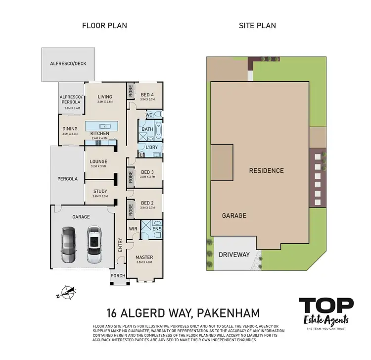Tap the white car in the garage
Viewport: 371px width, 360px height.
click(93, 245)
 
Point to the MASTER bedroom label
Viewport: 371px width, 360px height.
click(144, 257)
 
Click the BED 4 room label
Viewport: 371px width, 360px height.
click(147, 95)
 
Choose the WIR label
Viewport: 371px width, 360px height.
click(133, 229)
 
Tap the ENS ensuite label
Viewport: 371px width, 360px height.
click(156, 229)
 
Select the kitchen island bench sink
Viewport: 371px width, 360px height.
click(104, 126)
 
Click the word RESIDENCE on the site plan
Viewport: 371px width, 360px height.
click(266, 170)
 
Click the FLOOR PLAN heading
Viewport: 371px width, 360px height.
click(104, 25)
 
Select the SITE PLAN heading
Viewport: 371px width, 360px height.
click(258, 25)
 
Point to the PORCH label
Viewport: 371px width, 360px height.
click(118, 276)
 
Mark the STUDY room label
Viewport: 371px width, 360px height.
click(100, 191)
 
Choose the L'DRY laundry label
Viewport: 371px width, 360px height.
click(151, 147)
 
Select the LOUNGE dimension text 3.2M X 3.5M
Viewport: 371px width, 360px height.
click(99, 166)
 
